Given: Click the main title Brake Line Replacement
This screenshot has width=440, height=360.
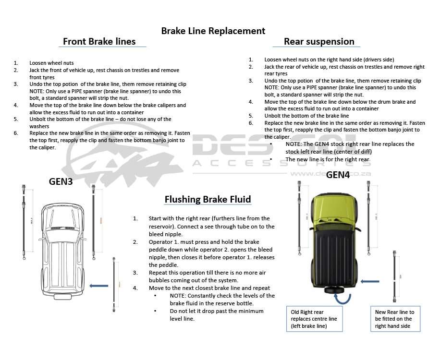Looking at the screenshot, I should (213, 31).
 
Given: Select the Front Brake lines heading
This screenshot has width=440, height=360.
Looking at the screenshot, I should (99, 41).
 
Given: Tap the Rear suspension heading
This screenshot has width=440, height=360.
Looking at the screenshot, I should (319, 41).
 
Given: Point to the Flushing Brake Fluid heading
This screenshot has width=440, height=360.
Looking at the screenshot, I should (208, 199).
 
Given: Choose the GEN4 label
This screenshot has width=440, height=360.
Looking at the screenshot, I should (338, 175).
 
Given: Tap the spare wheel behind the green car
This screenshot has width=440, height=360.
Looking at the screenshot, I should (333, 290).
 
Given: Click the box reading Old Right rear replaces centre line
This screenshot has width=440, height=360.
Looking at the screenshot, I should (314, 319).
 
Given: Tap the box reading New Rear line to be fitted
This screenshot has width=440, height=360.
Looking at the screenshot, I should (395, 319).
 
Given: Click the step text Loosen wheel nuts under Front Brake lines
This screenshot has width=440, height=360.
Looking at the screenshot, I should (51, 63).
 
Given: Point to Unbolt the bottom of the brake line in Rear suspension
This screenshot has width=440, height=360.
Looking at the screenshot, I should (306, 116).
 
